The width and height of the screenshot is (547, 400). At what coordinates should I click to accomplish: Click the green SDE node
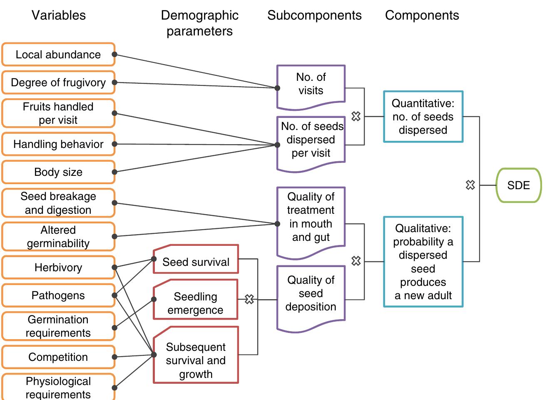click(518, 185)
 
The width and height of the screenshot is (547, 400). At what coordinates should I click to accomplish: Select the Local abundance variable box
click(58, 55)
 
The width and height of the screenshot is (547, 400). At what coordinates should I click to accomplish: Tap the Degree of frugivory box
click(58, 82)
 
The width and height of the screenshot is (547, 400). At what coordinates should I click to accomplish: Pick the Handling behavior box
click(58, 144)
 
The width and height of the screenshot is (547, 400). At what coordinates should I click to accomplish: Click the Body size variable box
click(58, 172)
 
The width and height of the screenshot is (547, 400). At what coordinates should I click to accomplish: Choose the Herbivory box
click(58, 267)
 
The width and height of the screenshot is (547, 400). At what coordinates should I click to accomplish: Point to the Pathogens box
click(58, 295)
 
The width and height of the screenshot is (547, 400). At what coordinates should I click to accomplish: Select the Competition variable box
click(58, 357)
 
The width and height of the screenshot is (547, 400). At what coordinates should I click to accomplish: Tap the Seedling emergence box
click(196, 303)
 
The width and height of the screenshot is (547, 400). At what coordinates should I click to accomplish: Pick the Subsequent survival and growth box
click(196, 360)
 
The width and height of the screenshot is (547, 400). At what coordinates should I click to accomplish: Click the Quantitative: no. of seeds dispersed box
click(423, 117)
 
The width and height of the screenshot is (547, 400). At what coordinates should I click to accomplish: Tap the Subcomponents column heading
click(314, 15)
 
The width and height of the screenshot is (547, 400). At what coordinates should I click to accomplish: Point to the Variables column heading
click(59, 15)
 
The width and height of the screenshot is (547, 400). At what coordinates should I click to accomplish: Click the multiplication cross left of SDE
click(470, 185)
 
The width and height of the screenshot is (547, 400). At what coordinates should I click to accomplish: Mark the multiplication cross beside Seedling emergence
click(249, 299)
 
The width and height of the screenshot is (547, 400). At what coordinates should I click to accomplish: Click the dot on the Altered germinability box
click(114, 236)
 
